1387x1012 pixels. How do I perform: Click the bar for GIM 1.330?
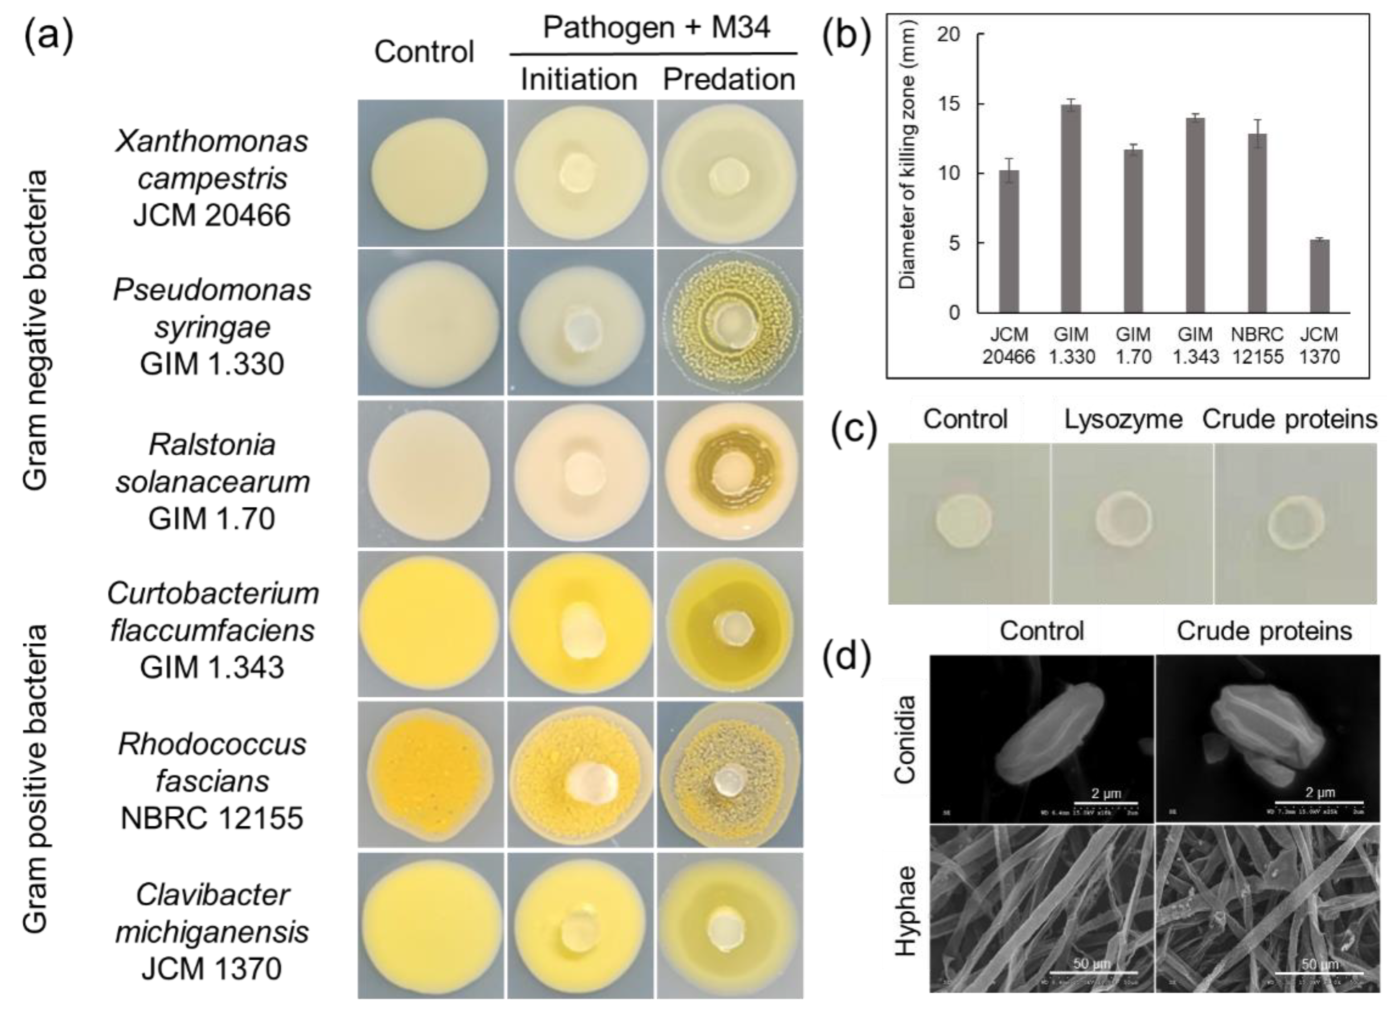1071,208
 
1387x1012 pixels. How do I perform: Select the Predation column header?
729,80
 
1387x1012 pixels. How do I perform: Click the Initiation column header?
579,80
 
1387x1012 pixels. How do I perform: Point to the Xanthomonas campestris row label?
212,177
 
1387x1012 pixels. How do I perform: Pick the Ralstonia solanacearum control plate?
431,473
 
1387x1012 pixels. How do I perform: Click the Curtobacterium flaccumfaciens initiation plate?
580,624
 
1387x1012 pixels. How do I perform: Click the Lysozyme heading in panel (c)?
1122,419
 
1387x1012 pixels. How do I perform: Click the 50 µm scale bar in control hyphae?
1094,971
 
